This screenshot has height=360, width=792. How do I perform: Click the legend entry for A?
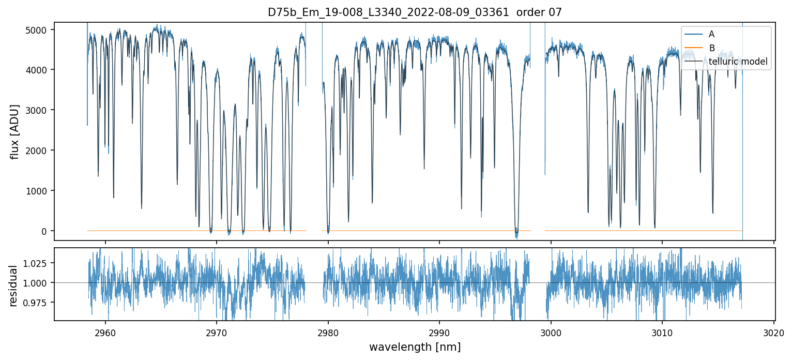point(712,34)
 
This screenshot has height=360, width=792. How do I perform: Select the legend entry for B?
point(712,48)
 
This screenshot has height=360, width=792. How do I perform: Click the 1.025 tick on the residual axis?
point(37,263)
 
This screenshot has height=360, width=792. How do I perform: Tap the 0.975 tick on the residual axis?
point(37,302)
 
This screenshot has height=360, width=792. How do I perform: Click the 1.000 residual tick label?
point(37,283)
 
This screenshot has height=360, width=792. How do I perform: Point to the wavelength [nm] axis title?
point(415,347)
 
